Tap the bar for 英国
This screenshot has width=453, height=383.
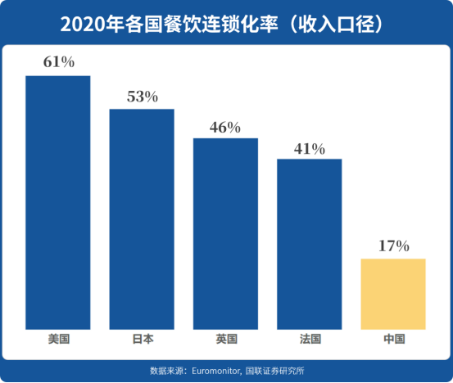(225, 233)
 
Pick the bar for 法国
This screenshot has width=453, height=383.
(309, 243)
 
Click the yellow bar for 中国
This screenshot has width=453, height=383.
(393, 294)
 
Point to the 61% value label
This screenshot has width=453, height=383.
(58, 63)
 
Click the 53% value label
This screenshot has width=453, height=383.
(142, 97)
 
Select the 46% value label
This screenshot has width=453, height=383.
(225, 127)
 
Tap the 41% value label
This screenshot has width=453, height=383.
(310, 148)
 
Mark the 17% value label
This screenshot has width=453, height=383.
(393, 246)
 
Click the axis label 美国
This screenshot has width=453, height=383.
(58, 339)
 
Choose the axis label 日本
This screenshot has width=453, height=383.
(142, 339)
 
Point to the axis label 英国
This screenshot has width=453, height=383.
(225, 339)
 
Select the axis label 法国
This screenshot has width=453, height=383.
(310, 339)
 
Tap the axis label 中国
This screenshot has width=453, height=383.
(393, 339)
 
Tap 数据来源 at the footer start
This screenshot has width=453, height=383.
(165, 368)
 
